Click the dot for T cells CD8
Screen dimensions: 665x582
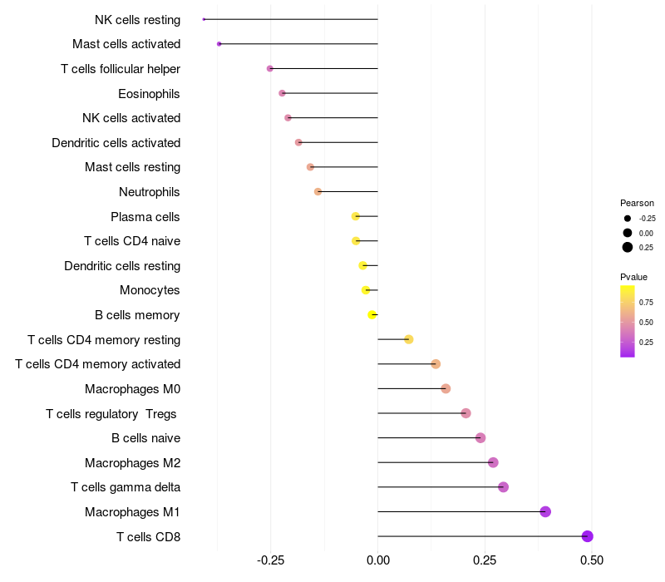coord(587,536)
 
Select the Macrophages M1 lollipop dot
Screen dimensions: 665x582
coord(545,511)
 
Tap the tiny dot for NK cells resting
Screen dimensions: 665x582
coord(204,19)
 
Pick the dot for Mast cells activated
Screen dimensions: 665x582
coord(219,44)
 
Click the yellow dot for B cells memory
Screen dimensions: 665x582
coord(372,315)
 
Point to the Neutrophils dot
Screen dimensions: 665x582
coord(318,192)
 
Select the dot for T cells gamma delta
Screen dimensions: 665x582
coord(504,487)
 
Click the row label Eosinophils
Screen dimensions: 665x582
coord(149,94)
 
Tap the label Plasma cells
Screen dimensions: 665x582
coord(145,217)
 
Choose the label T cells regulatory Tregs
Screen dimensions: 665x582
coord(111,414)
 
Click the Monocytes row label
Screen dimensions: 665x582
coord(150,290)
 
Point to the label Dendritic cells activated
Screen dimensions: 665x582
coord(116,143)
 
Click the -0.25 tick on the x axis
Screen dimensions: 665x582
coord(271,560)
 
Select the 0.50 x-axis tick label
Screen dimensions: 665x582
coord(592,560)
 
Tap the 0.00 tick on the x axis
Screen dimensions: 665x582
coord(378,560)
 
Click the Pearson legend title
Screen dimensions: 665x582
coord(637,203)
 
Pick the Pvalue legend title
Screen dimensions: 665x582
coord(633,277)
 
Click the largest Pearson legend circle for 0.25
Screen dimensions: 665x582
coord(628,247)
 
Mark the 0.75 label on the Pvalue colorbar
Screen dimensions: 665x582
coord(646,303)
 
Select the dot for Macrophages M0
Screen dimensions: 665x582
coord(446,388)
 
